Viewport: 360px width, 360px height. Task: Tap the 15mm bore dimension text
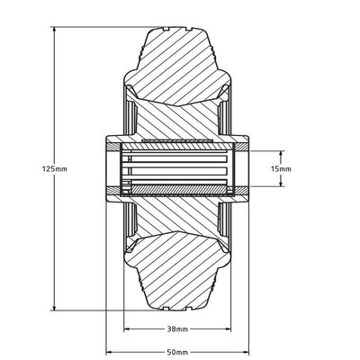[x=282, y=168]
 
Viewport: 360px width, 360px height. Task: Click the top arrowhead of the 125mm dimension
[x=55, y=29]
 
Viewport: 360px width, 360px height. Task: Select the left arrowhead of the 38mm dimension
[x=127, y=328]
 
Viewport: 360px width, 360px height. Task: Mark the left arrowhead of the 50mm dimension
[x=111, y=352]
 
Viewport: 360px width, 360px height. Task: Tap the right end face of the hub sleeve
[x=244, y=168]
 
